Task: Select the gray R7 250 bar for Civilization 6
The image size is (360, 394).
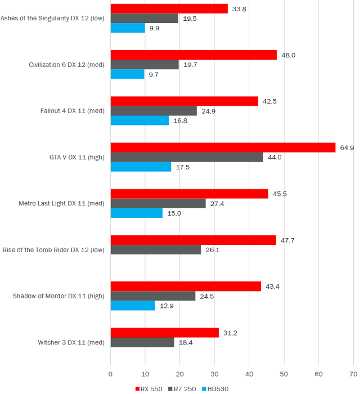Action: tap(145, 65)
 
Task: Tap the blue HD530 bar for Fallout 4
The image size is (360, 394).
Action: tap(139, 120)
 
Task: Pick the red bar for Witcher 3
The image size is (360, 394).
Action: tap(164, 333)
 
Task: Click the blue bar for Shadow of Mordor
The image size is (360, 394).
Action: tap(133, 305)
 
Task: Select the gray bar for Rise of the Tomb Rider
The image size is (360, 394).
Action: tap(155, 250)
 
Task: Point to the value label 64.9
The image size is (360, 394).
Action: tap(346, 147)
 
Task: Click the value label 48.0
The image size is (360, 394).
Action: tap(288, 55)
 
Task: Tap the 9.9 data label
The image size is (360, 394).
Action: tap(154, 28)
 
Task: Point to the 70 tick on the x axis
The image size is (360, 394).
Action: tap(354, 373)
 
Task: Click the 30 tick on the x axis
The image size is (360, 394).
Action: tap(215, 373)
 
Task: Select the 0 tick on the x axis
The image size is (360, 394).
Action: tap(111, 373)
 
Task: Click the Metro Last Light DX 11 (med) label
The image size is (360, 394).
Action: tap(62, 203)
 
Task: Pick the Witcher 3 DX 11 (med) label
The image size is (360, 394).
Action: tap(71, 342)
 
